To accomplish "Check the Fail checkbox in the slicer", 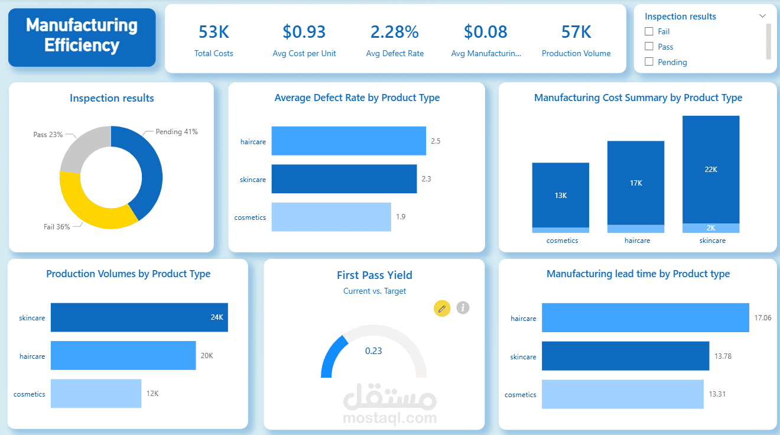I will tap(649, 31).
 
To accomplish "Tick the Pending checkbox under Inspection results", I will tap(649, 62).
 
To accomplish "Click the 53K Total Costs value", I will tap(213, 32).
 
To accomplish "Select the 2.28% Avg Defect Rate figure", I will tap(394, 32).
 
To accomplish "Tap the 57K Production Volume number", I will tap(576, 32).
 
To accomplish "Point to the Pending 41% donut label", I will tap(176, 132).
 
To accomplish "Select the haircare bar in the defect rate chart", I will tap(349, 141).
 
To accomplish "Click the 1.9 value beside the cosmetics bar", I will tap(401, 217).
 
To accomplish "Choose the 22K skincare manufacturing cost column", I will tap(711, 169).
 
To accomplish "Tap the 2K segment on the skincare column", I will tap(711, 228).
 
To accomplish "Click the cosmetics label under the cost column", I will tap(562, 241).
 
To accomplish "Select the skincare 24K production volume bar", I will tap(139, 317).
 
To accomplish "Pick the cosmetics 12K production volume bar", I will tap(96, 394).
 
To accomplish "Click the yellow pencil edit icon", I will tap(442, 308).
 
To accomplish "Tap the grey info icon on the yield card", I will tap(463, 307).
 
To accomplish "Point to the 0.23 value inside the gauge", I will tap(373, 351).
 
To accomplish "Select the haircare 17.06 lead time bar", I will tap(645, 318).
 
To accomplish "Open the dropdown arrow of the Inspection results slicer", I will tap(762, 16).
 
